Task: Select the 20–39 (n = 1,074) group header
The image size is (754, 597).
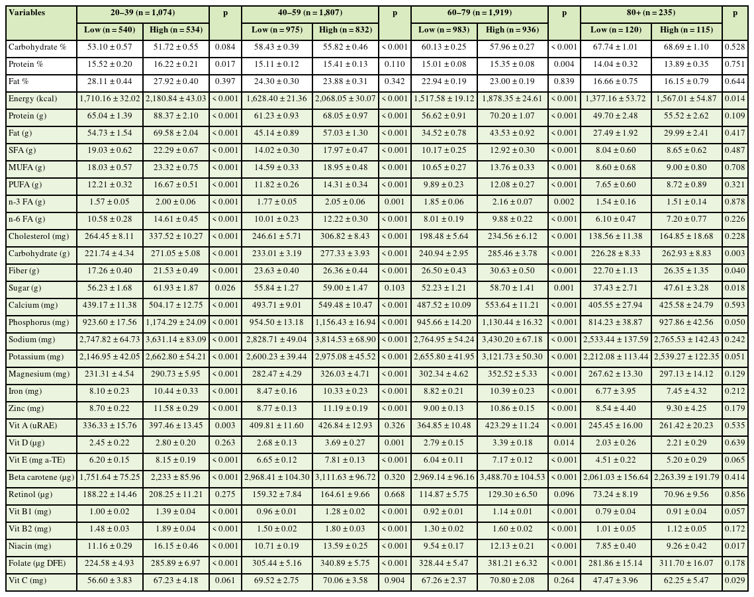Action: pyautogui.click(x=143, y=12)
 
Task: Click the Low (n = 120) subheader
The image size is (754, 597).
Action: pyautogui.click(x=616, y=30)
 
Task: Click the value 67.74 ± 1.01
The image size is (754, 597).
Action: pyautogui.click(x=615, y=47)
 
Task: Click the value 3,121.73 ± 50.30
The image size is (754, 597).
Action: pyautogui.click(x=514, y=356)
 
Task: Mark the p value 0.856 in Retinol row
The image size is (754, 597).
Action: pyautogui.click(x=735, y=494)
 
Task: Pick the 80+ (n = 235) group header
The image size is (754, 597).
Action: pyautogui.click(x=650, y=12)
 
